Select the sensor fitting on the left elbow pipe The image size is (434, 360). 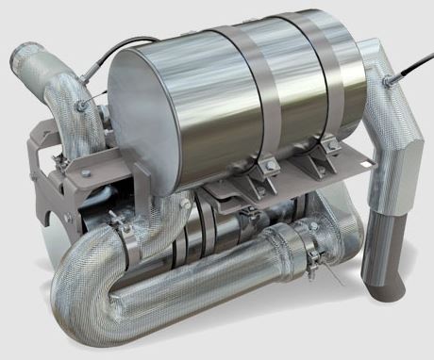(x=87, y=101)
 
